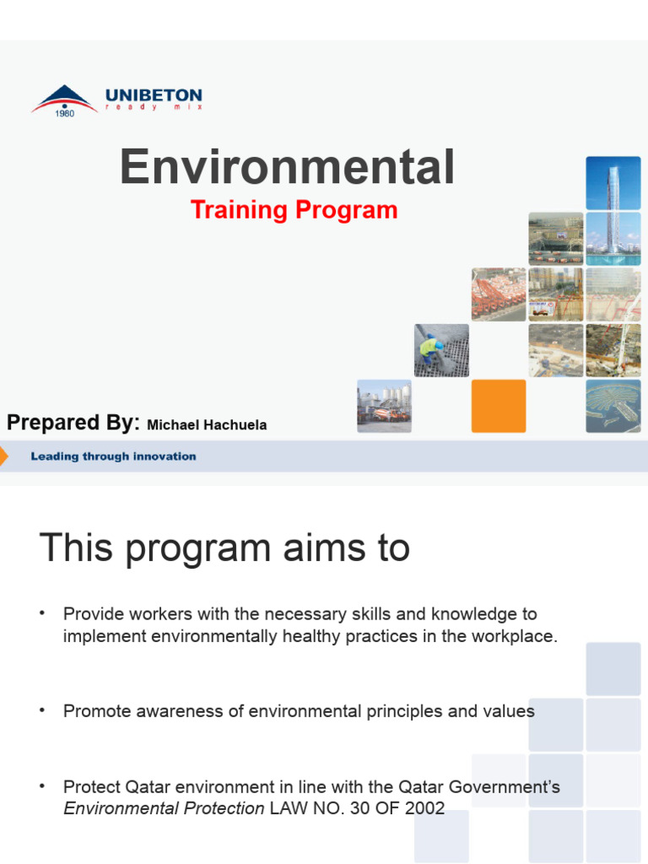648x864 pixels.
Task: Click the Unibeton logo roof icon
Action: click(64, 97)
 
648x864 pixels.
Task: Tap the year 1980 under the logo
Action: click(65, 114)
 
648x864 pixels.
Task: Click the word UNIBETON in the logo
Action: click(154, 96)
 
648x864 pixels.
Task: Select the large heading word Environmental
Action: click(287, 167)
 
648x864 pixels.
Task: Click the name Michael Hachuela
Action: click(207, 425)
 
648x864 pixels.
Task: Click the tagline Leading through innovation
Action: click(113, 456)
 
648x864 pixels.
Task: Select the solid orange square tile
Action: click(498, 406)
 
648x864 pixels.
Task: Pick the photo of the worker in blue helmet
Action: click(441, 350)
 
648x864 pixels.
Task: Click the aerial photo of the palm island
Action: click(613, 406)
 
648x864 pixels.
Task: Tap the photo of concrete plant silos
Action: click(384, 406)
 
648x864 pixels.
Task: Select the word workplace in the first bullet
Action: click(515, 636)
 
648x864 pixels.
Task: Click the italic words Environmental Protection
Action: click(164, 808)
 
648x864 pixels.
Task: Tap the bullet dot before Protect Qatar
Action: click(41, 786)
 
